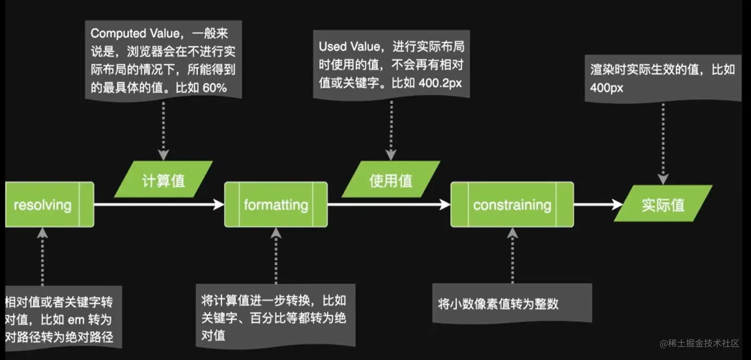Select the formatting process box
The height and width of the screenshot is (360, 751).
276,205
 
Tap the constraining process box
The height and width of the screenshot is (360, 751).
512,205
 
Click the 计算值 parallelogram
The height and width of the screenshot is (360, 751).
163,179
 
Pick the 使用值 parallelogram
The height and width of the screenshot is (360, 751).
390,179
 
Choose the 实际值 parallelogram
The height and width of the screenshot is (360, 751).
663,204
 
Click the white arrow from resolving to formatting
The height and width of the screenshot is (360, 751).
159,204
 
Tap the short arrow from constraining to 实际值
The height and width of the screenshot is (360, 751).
599,204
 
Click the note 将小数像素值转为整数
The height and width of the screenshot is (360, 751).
498,304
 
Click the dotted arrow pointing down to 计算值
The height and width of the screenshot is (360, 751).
163,129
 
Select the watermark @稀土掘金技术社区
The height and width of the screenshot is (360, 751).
700,343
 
